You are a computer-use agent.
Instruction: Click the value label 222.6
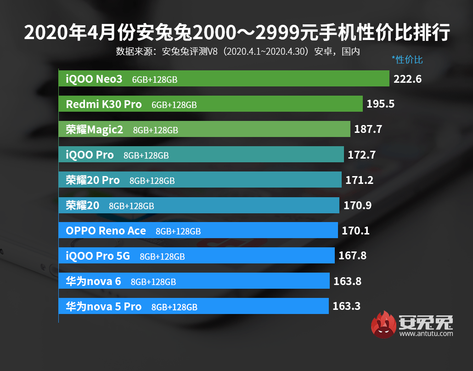pyautogui.click(x=407, y=79)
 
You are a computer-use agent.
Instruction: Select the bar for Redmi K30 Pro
pyautogui.click(x=211, y=104)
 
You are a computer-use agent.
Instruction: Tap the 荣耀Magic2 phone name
pyautogui.click(x=95, y=130)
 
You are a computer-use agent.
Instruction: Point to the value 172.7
pyautogui.click(x=361, y=155)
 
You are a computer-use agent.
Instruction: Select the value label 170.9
pyautogui.click(x=358, y=205)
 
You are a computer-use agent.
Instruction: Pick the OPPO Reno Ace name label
pyautogui.click(x=106, y=230)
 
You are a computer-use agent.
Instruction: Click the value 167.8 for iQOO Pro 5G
pyautogui.click(x=352, y=256)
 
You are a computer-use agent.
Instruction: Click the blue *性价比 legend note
pyautogui.click(x=407, y=60)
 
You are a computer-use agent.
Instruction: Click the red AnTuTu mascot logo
pyautogui.click(x=383, y=325)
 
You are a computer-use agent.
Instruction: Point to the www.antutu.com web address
pyautogui.click(x=426, y=333)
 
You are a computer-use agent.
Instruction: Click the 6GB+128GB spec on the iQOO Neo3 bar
pyautogui.click(x=154, y=80)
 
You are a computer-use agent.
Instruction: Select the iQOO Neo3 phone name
pyautogui.click(x=94, y=79)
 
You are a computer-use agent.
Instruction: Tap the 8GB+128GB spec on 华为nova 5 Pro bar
pyautogui.click(x=174, y=307)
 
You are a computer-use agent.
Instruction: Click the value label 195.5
pyautogui.click(x=381, y=104)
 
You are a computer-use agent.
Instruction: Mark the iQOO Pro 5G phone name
pyautogui.click(x=98, y=256)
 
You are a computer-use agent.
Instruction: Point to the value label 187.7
pyautogui.click(x=368, y=130)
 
